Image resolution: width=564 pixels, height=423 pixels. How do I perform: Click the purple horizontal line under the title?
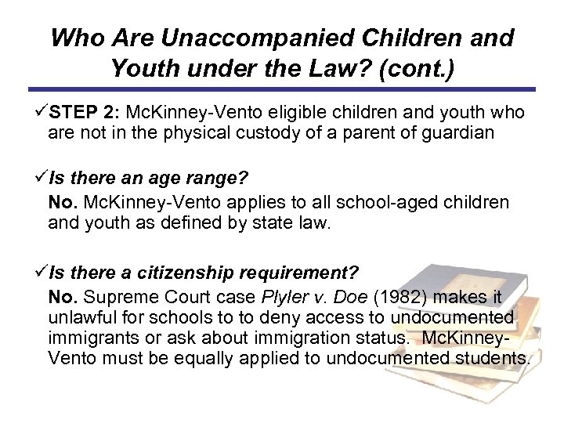coord(282,89)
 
